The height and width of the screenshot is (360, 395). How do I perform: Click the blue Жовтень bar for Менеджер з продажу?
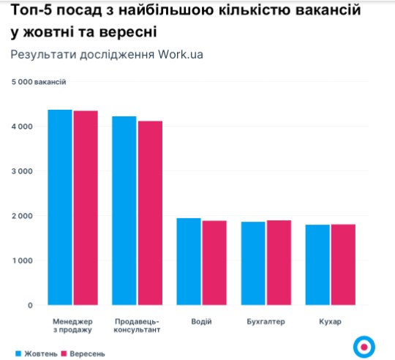pos(60,207)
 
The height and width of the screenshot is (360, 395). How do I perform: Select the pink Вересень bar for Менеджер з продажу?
pos(85,208)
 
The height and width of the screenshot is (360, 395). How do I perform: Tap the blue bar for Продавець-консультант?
pos(124,211)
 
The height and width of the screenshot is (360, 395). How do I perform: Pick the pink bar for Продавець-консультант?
pos(149,213)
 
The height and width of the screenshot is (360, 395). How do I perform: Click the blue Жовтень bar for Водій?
pos(189,261)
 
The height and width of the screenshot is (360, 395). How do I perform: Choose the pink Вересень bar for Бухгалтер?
pos(278,262)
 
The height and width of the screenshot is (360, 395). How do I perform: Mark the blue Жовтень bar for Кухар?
pos(317,264)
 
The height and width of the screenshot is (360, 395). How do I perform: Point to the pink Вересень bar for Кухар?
pos(342,264)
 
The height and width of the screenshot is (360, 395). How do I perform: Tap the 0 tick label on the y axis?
pos(30,305)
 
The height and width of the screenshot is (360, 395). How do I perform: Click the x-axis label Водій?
pos(201,321)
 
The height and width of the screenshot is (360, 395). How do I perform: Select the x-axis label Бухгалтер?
pos(266,321)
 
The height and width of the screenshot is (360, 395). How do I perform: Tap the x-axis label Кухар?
pos(330,321)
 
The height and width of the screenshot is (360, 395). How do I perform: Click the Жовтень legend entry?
pos(36,353)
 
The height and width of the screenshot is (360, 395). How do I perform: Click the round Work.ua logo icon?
pos(363,345)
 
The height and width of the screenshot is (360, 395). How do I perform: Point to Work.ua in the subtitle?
pos(178,56)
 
